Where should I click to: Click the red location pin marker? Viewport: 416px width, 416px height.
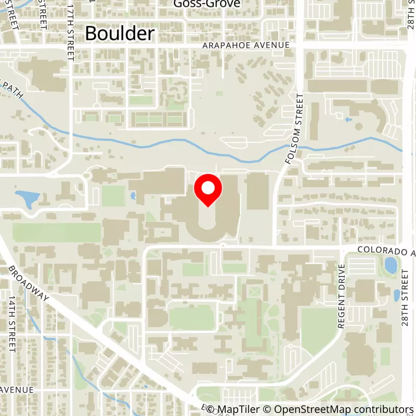(208, 189)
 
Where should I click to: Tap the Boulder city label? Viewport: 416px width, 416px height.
(120, 34)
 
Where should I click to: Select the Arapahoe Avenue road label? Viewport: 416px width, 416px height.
(245, 45)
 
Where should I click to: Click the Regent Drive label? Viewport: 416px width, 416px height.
(342, 296)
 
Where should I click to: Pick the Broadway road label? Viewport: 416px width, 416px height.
(29, 283)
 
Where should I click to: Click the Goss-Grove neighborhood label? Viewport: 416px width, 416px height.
(200, 4)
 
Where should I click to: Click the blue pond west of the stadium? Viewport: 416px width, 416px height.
(27, 199)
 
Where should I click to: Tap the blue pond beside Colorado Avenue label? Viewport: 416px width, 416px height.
(390, 265)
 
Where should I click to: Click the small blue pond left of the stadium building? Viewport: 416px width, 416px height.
(133, 196)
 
